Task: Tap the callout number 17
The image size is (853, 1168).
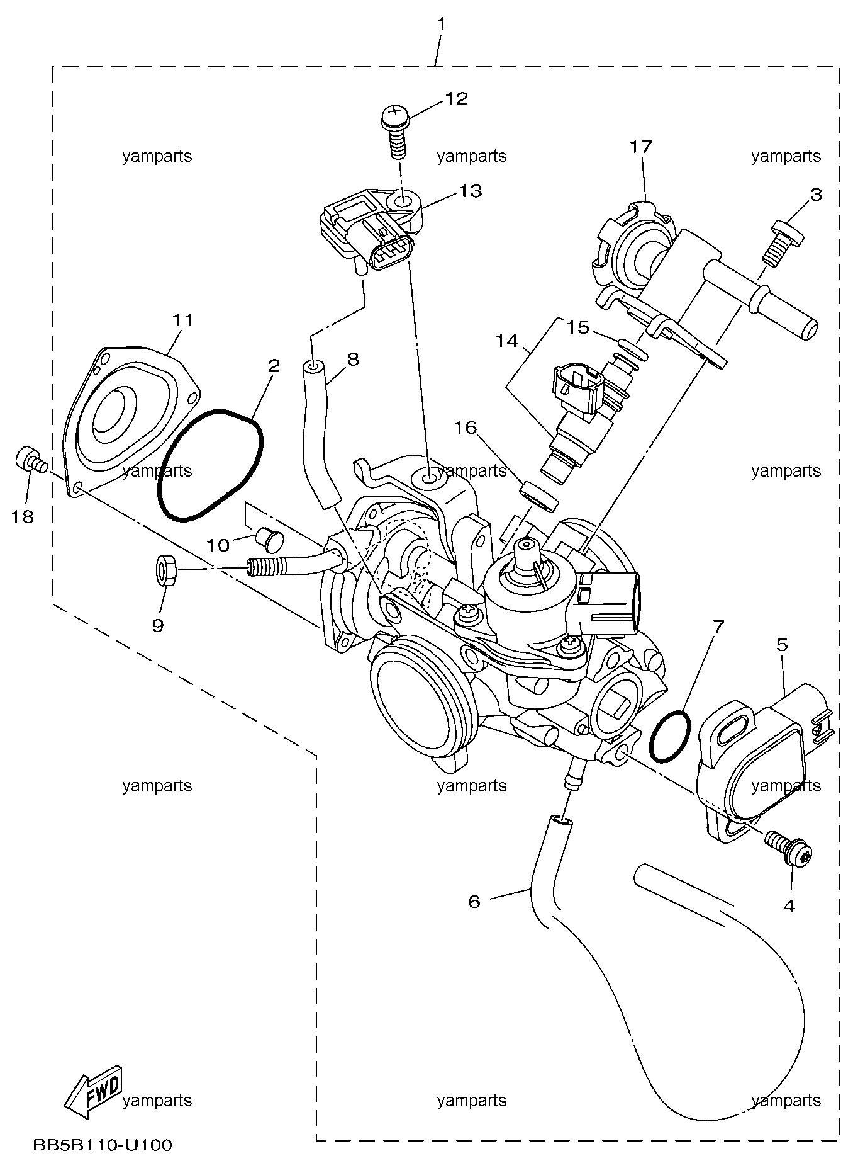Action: point(642,147)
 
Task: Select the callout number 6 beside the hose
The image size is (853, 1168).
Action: point(474,902)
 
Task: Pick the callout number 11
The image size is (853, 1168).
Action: point(183,320)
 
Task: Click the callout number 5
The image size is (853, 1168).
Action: point(782,645)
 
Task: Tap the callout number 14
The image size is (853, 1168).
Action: point(506,341)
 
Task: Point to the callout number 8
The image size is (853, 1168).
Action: point(352,360)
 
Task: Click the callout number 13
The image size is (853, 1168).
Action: point(470,191)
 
